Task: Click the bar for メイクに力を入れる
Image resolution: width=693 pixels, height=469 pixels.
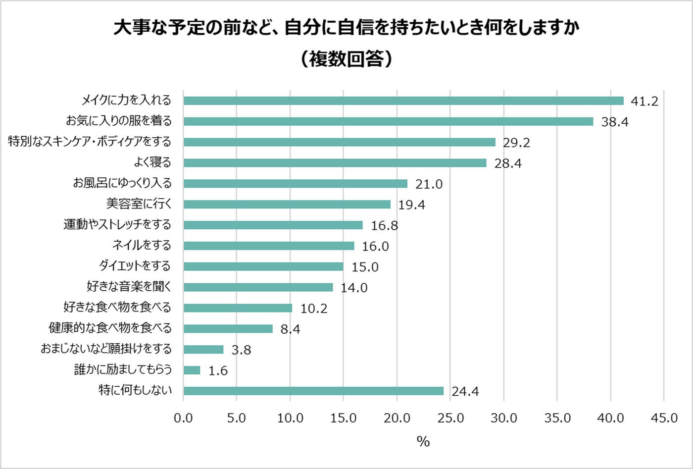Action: [x=403, y=101]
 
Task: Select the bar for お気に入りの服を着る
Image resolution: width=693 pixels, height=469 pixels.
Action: [x=388, y=121]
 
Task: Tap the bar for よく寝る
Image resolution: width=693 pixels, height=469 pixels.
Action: [x=335, y=163]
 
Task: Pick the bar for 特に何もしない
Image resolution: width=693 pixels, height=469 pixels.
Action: [x=313, y=391]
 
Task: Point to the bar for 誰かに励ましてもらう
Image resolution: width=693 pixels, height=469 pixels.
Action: [x=192, y=370]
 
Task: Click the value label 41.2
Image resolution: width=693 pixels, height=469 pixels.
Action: [x=644, y=102]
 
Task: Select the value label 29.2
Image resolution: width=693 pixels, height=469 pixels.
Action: [x=516, y=143]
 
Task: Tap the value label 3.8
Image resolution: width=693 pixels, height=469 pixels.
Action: [x=241, y=350]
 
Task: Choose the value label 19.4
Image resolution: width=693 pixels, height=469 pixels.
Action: [x=411, y=205]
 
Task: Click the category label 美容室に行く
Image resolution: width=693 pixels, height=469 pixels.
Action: [x=139, y=204]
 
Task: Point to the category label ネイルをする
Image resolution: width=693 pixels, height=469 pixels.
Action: [x=142, y=245]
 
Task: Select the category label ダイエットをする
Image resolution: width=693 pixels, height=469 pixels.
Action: [x=135, y=266]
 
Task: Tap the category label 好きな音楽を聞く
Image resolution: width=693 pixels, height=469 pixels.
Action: [x=129, y=287]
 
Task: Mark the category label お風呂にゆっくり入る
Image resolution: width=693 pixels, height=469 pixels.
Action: [x=122, y=183]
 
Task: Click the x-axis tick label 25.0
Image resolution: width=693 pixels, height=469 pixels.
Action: [x=450, y=418]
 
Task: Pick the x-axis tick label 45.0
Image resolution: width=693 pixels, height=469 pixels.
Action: [x=664, y=418]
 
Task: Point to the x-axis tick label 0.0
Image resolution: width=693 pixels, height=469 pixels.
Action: [x=183, y=418]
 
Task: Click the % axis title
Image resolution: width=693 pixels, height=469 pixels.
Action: [x=423, y=441]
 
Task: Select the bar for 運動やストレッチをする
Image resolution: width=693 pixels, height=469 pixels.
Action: [x=273, y=225]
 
